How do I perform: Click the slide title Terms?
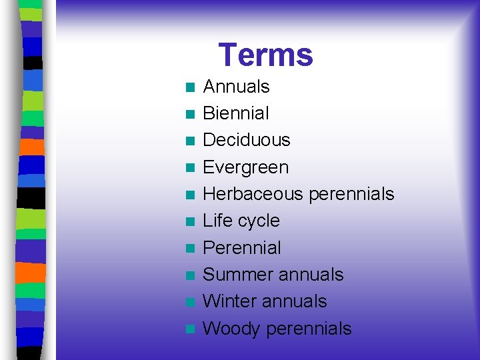click(265, 55)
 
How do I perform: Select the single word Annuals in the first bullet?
click(236, 87)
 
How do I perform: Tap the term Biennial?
click(236, 113)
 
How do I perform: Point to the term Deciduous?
click(246, 140)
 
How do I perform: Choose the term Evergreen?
click(245, 167)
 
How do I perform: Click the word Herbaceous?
click(253, 194)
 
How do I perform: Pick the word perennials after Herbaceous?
click(351, 194)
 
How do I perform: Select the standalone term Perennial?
click(241, 248)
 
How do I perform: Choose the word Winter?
click(229, 301)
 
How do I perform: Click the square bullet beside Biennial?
click(190, 114)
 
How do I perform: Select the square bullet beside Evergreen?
click(190, 168)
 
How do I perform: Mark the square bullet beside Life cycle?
click(190, 221)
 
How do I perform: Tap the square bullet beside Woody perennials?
click(190, 329)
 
